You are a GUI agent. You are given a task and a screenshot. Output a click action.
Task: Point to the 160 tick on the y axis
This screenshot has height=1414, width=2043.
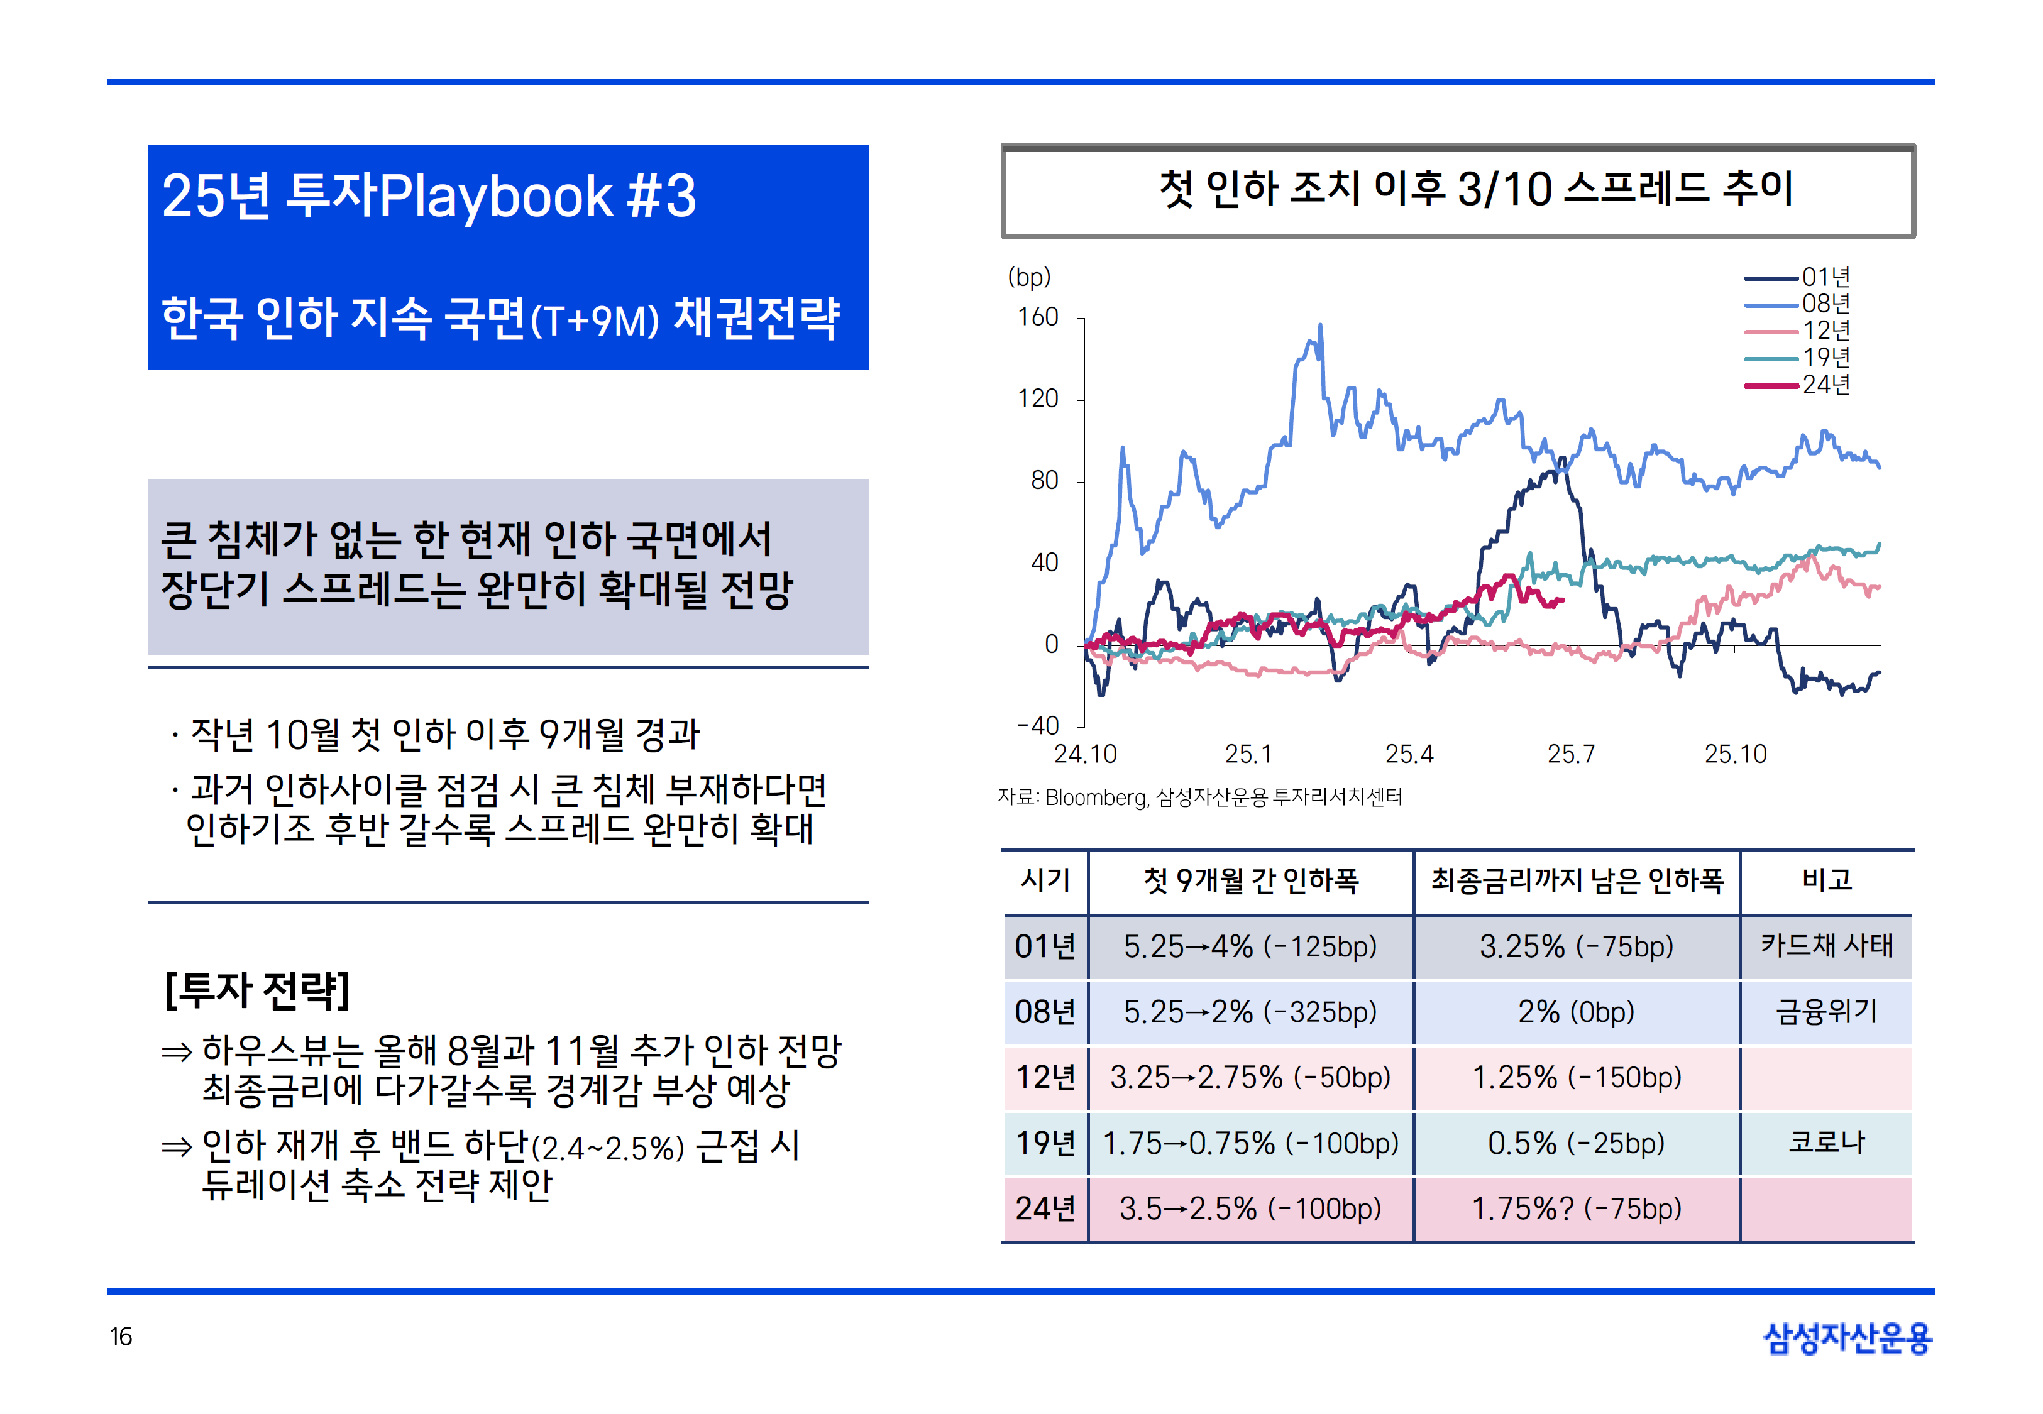[1038, 317]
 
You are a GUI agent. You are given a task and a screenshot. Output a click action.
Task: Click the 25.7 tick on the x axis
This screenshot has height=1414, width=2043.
[1571, 754]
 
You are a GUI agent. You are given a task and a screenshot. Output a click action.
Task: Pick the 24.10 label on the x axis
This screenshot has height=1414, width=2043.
[1085, 754]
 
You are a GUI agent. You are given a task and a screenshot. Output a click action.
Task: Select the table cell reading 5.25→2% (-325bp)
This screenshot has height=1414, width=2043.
[1250, 1012]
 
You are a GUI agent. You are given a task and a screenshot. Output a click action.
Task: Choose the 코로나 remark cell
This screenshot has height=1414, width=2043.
[1826, 1142]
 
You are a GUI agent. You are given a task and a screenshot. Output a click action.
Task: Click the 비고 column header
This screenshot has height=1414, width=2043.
[1826, 880]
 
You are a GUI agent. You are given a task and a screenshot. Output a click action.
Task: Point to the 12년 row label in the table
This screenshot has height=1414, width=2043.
[1045, 1077]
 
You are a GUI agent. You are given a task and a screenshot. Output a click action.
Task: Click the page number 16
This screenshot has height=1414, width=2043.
[121, 1337]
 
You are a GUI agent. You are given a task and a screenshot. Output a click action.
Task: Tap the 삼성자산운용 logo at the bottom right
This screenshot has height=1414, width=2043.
[1848, 1338]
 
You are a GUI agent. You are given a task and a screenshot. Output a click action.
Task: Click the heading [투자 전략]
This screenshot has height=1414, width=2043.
[258, 990]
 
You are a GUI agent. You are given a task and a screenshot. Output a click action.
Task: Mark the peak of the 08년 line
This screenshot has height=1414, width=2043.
[1320, 325]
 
